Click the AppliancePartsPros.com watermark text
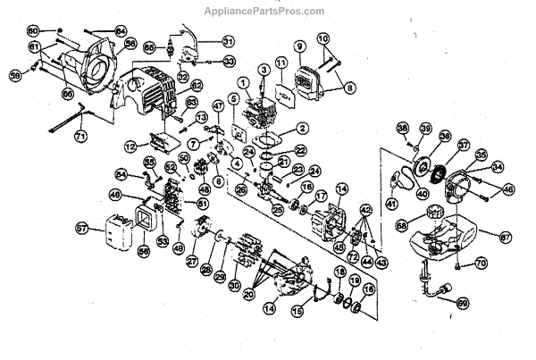(x=268, y=11)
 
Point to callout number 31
(x=228, y=42)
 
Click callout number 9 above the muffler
(x=299, y=46)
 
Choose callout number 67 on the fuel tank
(x=505, y=237)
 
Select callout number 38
(x=403, y=128)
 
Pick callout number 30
(x=235, y=285)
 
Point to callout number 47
(x=217, y=106)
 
